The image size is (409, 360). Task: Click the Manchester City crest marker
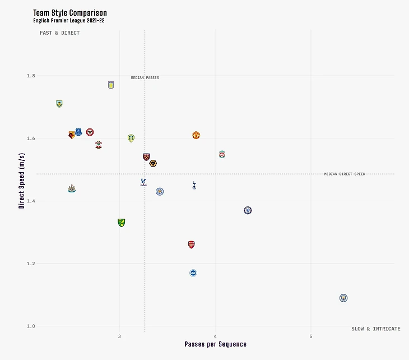(343, 298)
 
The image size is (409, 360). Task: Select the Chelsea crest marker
(248, 210)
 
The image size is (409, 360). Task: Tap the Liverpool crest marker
(222, 154)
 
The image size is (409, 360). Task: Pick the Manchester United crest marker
(196, 135)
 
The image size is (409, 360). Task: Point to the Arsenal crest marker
(192, 244)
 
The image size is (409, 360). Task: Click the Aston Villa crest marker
(111, 85)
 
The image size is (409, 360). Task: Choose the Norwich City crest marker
(121, 223)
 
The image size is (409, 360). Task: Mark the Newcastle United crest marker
(71, 188)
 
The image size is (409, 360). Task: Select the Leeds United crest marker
(131, 138)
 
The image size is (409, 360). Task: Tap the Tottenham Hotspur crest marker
(194, 185)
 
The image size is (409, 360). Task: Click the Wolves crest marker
(153, 163)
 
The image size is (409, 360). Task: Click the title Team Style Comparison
(70, 12)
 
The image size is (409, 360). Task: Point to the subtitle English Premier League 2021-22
(69, 21)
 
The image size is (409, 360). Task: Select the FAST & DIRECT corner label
(59, 33)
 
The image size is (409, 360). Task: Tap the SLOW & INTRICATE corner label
(376, 329)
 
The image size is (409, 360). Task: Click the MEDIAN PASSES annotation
(145, 78)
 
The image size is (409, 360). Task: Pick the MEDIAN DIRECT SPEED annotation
(345, 174)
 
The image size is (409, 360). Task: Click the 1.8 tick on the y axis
(30, 76)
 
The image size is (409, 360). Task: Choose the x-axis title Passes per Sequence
(216, 344)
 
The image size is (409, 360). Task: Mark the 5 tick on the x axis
(311, 336)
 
